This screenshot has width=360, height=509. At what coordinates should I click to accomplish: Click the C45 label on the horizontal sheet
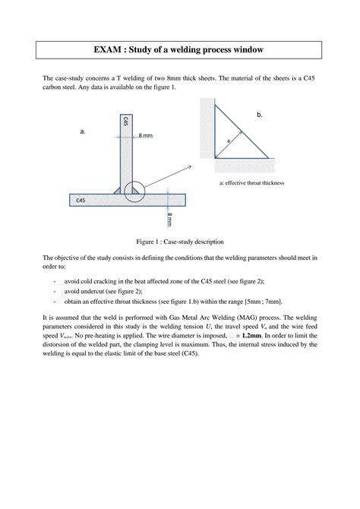81,199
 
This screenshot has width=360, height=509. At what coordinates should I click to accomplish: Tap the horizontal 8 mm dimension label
146,135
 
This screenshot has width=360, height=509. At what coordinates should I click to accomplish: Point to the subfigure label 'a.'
82,131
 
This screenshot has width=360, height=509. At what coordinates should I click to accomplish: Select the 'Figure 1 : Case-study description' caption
179,241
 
